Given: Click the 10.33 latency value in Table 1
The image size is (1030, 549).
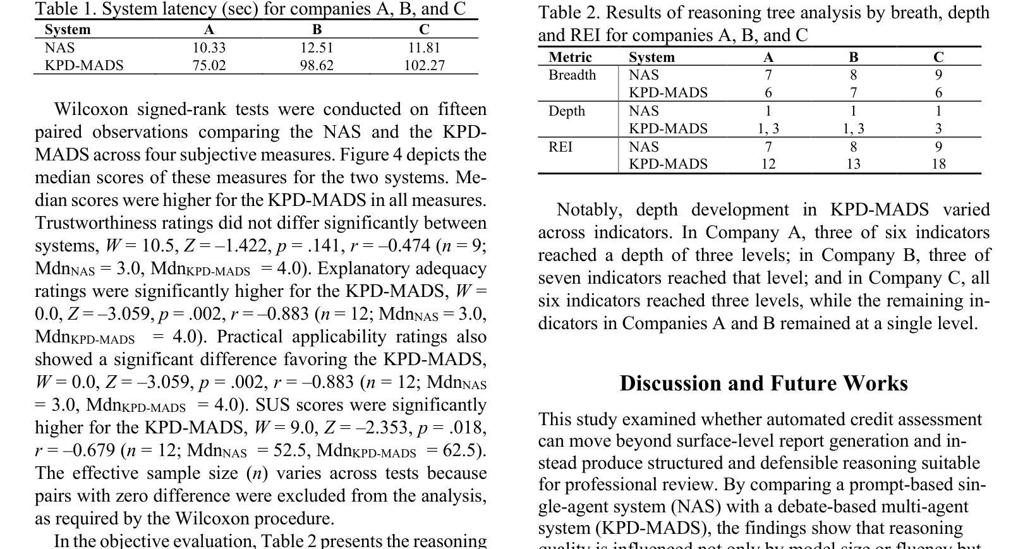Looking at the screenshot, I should click(x=209, y=48).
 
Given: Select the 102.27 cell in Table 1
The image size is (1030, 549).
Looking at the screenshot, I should click(x=424, y=66).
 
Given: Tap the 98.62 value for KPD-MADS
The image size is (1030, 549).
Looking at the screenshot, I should click(x=317, y=66).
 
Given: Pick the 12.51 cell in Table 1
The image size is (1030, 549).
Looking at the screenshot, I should click(x=317, y=48).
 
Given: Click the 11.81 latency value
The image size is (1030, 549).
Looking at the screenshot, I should click(x=424, y=48).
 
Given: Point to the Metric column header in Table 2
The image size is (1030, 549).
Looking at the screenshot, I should click(x=570, y=57).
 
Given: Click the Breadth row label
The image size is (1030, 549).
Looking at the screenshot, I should click(x=572, y=75).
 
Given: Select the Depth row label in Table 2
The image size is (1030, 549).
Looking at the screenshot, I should click(x=567, y=111).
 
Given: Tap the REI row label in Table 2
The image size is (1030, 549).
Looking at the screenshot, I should click(x=560, y=147).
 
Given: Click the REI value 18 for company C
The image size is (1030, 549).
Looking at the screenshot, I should click(x=938, y=164).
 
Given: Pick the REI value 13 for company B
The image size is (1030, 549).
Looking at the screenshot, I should click(x=853, y=164).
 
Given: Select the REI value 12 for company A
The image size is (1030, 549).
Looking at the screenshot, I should click(x=768, y=164).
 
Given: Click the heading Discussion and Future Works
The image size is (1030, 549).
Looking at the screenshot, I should click(x=763, y=383).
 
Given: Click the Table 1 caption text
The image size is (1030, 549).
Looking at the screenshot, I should click(x=250, y=9).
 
